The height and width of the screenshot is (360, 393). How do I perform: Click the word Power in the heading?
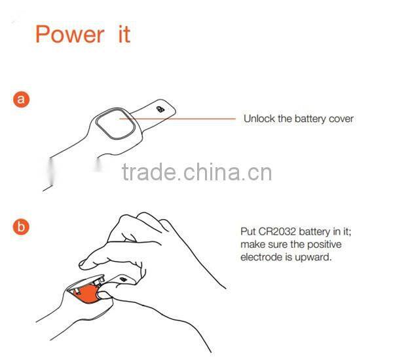coord(69,33)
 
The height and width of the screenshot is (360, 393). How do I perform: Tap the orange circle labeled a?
coord(21,100)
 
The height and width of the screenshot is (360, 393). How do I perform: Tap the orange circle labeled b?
coord(21,227)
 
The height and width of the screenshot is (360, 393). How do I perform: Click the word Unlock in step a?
coord(259,119)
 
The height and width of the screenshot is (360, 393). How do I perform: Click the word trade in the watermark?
coord(149,173)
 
